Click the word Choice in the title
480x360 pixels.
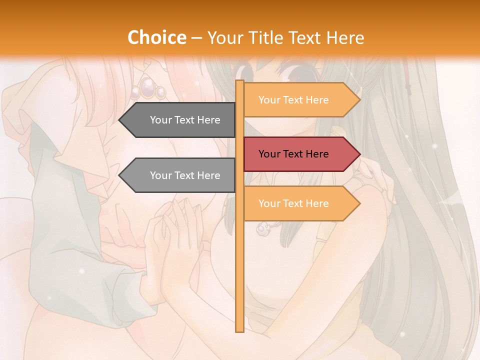pos(156,37)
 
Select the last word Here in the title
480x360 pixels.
pos(345,37)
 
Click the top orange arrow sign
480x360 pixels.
pos(300,100)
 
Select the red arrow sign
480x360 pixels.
pos(300,154)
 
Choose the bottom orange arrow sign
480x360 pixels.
pos(300,203)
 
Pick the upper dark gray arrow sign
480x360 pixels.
pos(180,120)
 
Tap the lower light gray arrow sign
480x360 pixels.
pos(180,175)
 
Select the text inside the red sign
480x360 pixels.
pos(293,154)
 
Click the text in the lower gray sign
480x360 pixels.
pos(185,175)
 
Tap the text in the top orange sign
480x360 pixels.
pos(293,100)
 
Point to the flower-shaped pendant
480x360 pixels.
pos(261,228)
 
